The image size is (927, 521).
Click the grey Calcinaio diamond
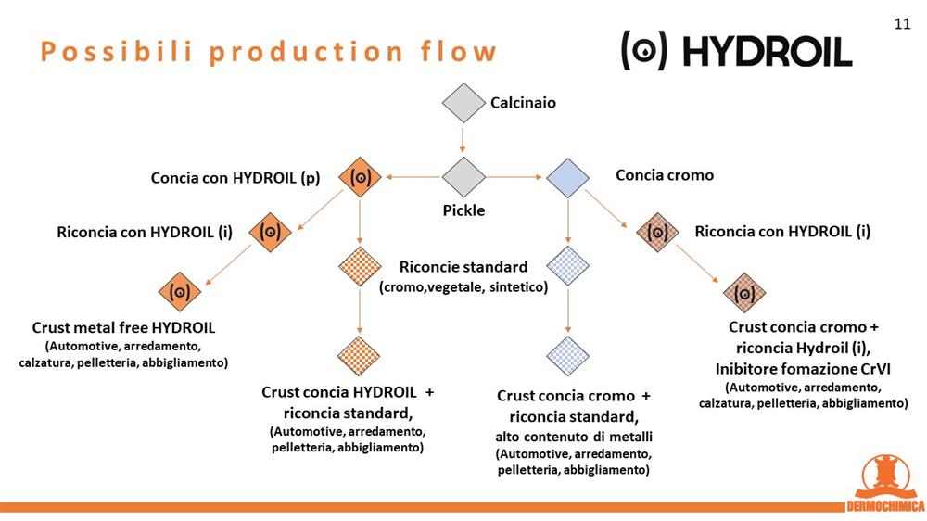(463, 103)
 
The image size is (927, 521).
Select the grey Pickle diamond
(463, 177)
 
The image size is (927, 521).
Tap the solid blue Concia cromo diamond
(567, 177)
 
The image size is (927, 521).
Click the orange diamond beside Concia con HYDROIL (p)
(360, 177)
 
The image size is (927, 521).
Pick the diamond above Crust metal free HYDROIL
(180, 291)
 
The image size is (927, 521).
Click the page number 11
(902, 24)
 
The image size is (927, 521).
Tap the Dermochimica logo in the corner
(885, 483)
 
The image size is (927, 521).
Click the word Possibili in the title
(117, 52)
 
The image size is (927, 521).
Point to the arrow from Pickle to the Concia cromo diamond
(514, 177)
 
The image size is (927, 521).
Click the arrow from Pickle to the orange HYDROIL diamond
(413, 177)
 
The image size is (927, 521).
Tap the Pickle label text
(463, 210)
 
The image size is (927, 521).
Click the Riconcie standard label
(463, 267)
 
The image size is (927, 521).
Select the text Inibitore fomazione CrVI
(803, 369)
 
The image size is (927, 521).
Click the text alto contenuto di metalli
(574, 437)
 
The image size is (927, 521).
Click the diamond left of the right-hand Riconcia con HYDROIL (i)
(657, 232)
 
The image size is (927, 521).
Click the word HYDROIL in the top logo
(768, 51)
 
